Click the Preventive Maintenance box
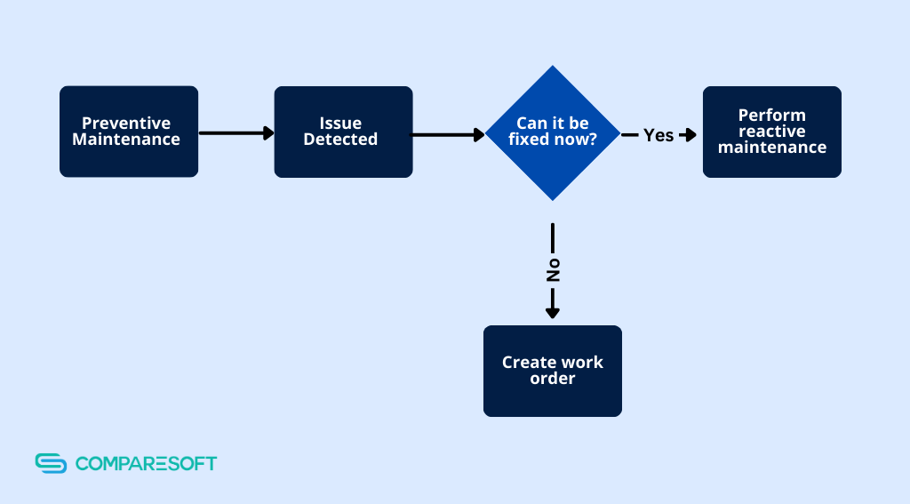pyautogui.click(x=128, y=132)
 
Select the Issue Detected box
pyautogui.click(x=343, y=132)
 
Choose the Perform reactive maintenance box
pyautogui.click(x=771, y=132)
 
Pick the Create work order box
pyautogui.click(x=552, y=371)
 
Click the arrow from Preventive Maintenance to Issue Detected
pyautogui.click(x=236, y=133)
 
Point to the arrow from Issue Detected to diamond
pyautogui.click(x=447, y=135)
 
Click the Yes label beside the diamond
pyautogui.click(x=659, y=135)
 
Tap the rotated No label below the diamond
pyautogui.click(x=553, y=271)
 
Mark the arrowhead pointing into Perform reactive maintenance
pyautogui.click(x=689, y=135)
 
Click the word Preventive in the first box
pyautogui.click(x=126, y=124)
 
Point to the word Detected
pyautogui.click(x=340, y=140)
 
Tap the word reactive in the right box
pyautogui.click(x=771, y=132)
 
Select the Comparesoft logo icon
pyautogui.click(x=52, y=463)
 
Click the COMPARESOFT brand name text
pyautogui.click(x=146, y=463)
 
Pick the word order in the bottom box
pyautogui.click(x=552, y=379)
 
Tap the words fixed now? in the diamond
pyautogui.click(x=552, y=140)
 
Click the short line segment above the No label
pyautogui.click(x=553, y=238)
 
